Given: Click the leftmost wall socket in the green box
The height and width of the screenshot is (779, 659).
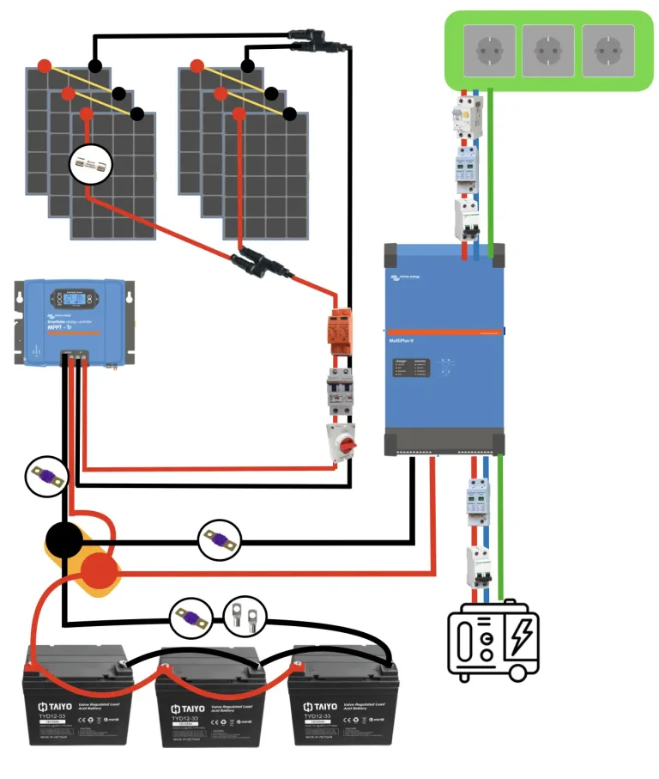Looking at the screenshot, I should pos(489,50).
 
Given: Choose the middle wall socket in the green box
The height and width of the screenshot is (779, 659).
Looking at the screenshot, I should pos(547,50).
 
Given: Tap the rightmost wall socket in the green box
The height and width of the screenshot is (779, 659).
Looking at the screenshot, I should pos(607,50).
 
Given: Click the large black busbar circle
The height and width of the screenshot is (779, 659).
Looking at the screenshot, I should pos(64,541).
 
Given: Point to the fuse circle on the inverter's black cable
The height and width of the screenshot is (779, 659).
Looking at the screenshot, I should pos(219,541).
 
